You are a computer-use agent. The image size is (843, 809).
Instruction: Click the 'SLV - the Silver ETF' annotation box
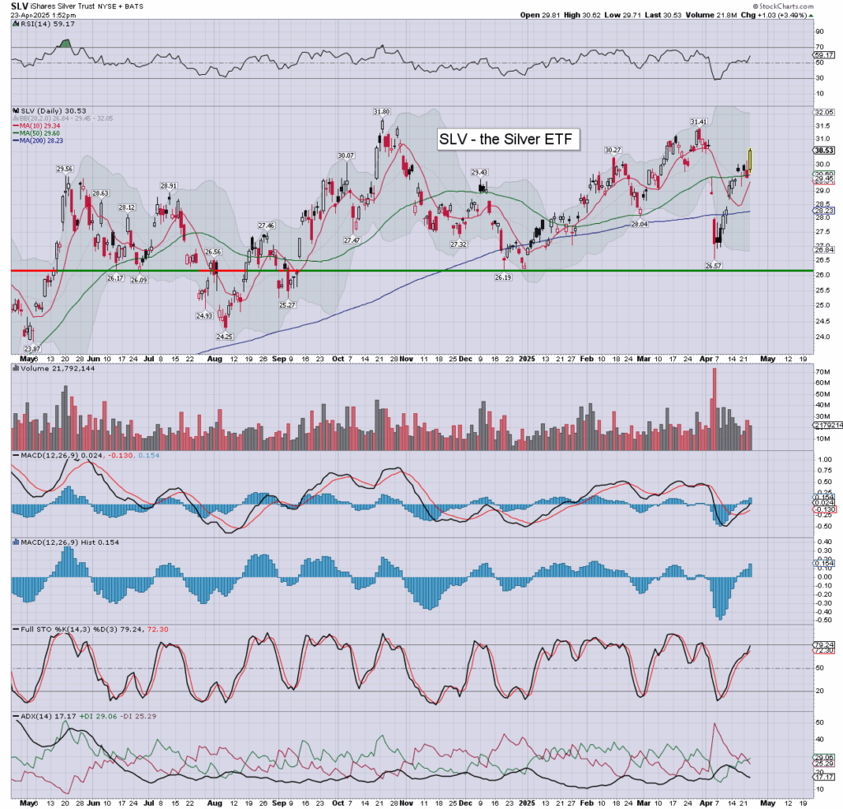[x=509, y=140]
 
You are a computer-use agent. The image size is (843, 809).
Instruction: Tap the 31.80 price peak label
[x=381, y=112]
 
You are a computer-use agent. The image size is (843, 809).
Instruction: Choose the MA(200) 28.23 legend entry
[x=38, y=140]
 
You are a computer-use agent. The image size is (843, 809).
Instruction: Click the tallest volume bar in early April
[x=714, y=407]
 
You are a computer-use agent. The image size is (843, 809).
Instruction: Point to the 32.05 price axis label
[x=821, y=111]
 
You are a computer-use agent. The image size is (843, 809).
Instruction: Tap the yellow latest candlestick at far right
[x=750, y=160]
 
